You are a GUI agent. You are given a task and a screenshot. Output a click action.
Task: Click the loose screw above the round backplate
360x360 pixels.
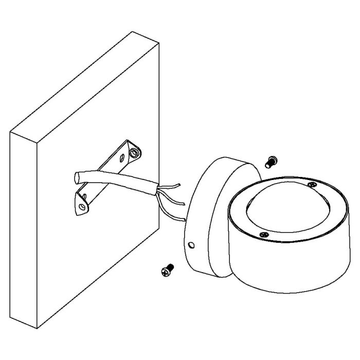tap(269, 161)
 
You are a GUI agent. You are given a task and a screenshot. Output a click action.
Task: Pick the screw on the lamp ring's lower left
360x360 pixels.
tap(263, 234)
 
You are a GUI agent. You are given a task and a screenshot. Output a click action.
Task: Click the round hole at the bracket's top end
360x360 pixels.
tap(135, 153)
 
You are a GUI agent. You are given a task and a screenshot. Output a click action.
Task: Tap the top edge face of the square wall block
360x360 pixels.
tap(82, 82)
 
